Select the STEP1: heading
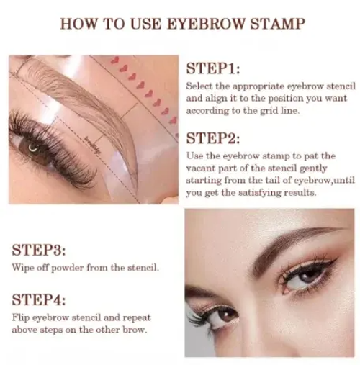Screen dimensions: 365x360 click(213, 69)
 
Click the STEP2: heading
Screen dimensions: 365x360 click(213, 137)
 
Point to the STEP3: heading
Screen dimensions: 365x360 click(40, 251)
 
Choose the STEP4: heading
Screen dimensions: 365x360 click(40, 299)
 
